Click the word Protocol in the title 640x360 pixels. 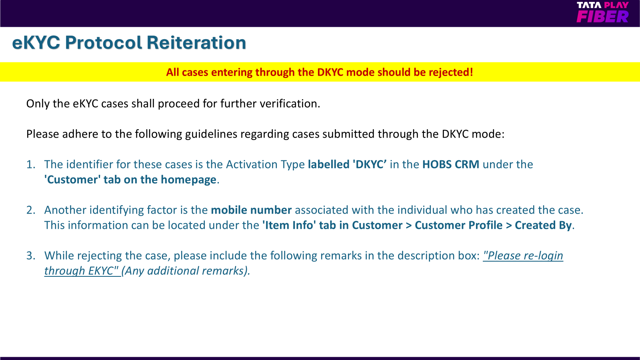coord(103,42)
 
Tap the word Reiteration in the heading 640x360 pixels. coord(196,42)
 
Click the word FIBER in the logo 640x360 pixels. coord(602,16)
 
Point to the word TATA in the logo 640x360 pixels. coord(589,5)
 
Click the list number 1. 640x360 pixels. coord(30,164)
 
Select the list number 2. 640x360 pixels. coord(30,210)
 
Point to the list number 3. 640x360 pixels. coord(30,256)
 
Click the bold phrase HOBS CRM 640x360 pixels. coord(450,164)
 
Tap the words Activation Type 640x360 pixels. coord(266,165)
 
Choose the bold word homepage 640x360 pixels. coord(188,180)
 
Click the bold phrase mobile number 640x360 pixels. coord(251,210)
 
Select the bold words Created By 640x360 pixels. coord(543,226)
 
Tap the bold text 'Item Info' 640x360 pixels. coord(289,225)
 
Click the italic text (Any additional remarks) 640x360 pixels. coord(186,271)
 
